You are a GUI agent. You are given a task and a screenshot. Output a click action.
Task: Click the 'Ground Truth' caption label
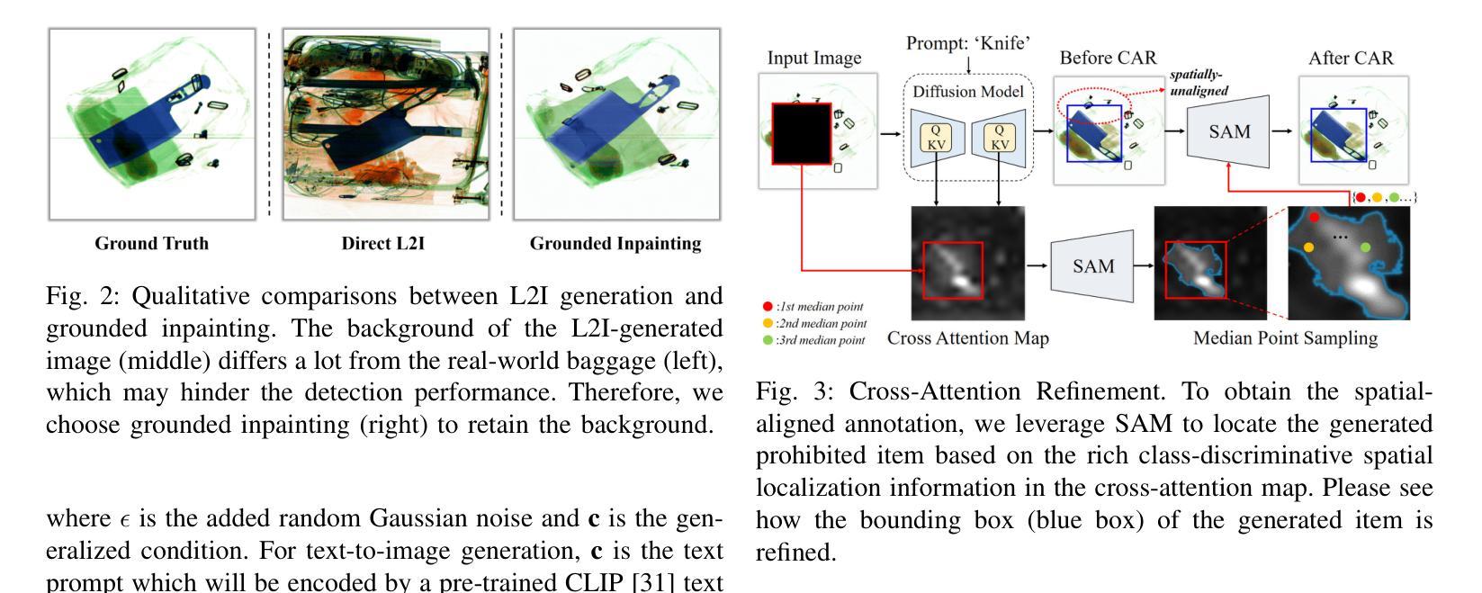point(151,244)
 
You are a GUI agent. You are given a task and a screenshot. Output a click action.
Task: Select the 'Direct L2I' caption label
point(382,244)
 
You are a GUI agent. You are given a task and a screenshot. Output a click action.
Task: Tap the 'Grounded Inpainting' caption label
point(615,244)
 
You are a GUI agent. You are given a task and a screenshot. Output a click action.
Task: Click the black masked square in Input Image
point(801,133)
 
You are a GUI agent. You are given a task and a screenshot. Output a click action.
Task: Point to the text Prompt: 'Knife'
point(967,43)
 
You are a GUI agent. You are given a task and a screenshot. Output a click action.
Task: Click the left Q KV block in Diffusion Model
point(936,138)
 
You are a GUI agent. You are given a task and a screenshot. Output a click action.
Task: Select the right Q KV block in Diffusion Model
point(1000,138)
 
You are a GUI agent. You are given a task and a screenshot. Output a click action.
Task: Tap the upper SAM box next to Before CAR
point(1228,131)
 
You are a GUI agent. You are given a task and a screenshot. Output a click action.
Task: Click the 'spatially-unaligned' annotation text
point(1199,84)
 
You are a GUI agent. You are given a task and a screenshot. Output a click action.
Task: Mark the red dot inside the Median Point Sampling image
point(1314,217)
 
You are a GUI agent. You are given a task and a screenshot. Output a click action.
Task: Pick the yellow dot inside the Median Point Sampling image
point(1308,247)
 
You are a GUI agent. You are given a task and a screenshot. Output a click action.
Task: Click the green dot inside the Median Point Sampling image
point(1366,247)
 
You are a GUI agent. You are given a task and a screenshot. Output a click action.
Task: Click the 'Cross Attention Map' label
point(967,338)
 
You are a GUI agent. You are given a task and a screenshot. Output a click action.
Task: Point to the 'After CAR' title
point(1350,58)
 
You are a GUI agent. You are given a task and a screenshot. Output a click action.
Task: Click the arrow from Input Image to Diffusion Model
point(890,133)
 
